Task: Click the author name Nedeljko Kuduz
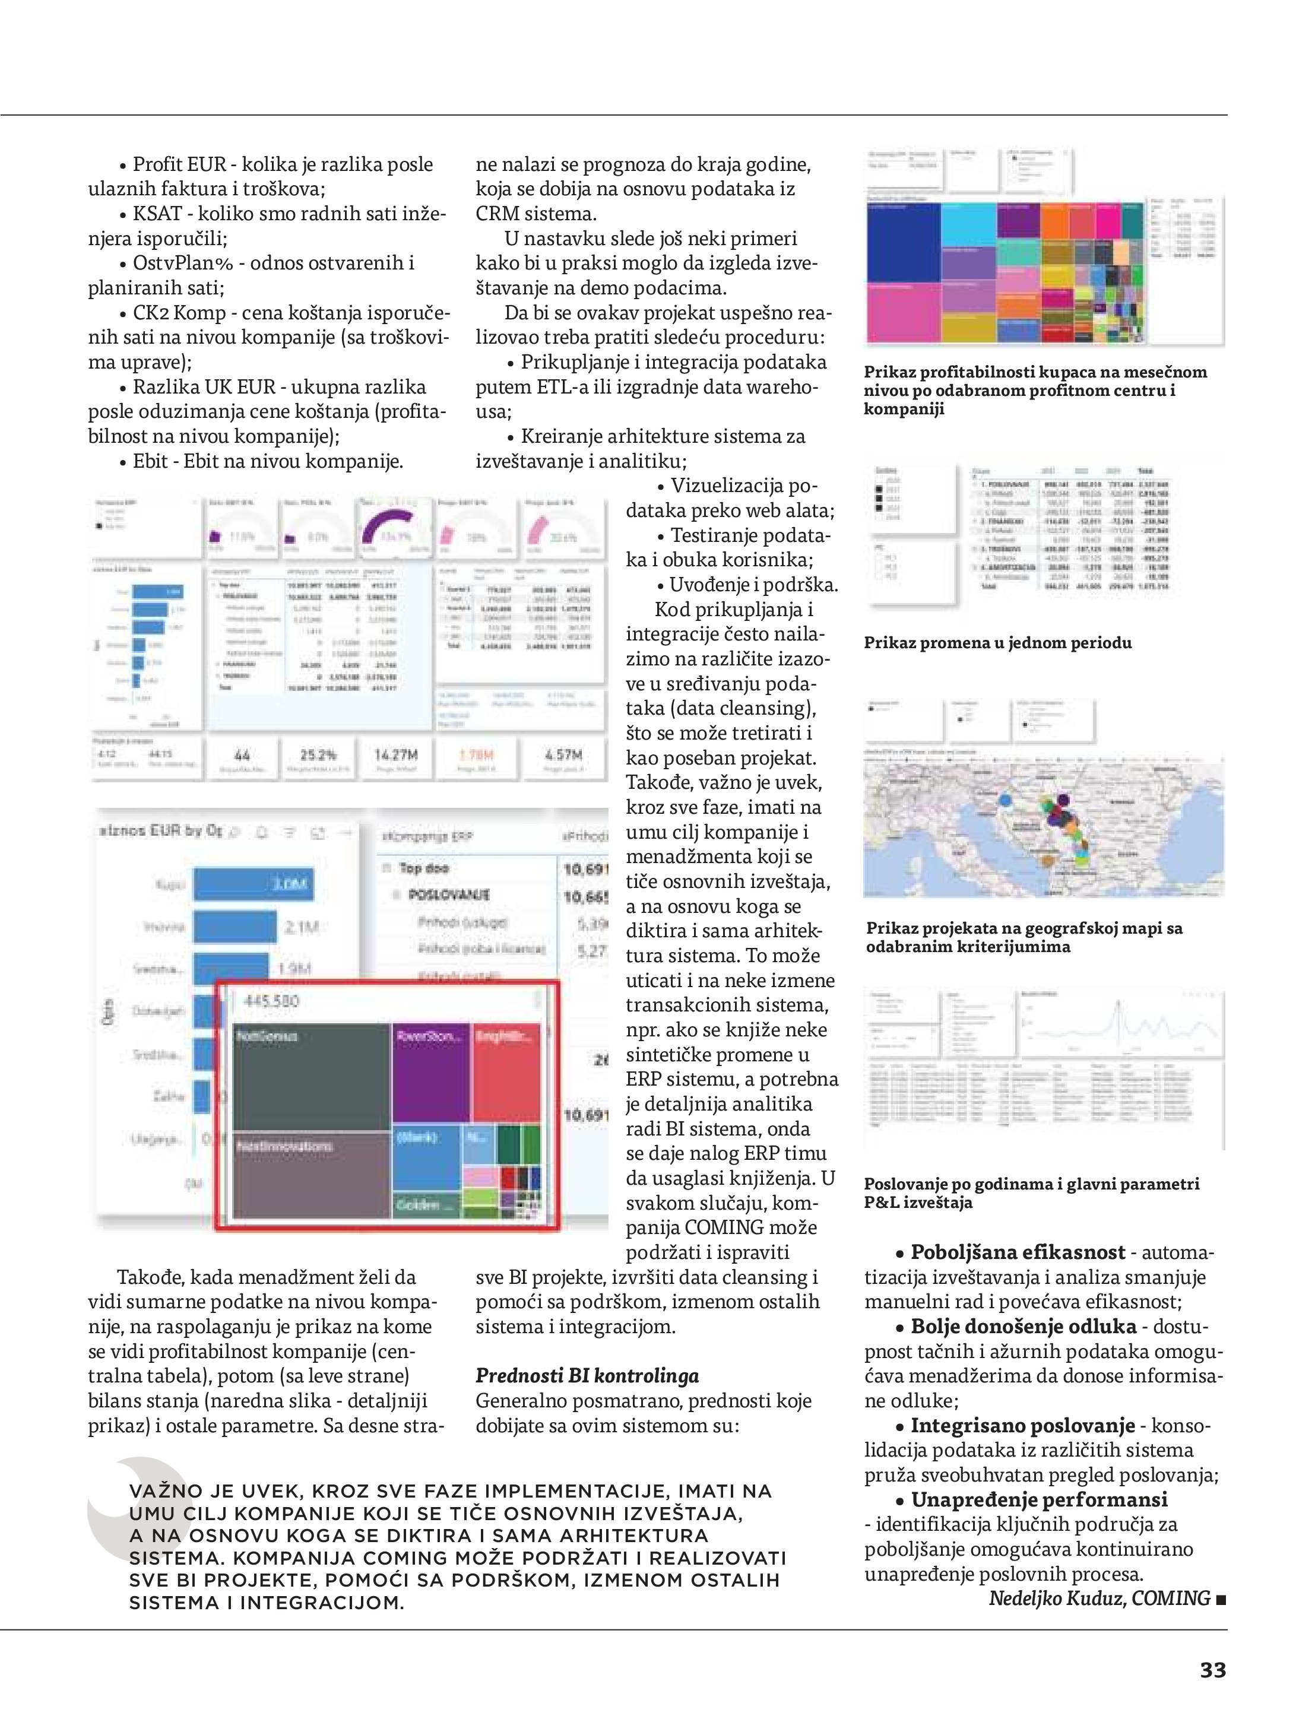1056,1598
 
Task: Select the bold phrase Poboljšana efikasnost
1018,1252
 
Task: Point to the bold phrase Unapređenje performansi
1039,1500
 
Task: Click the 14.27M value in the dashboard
396,754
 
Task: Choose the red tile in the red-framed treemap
507,1071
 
